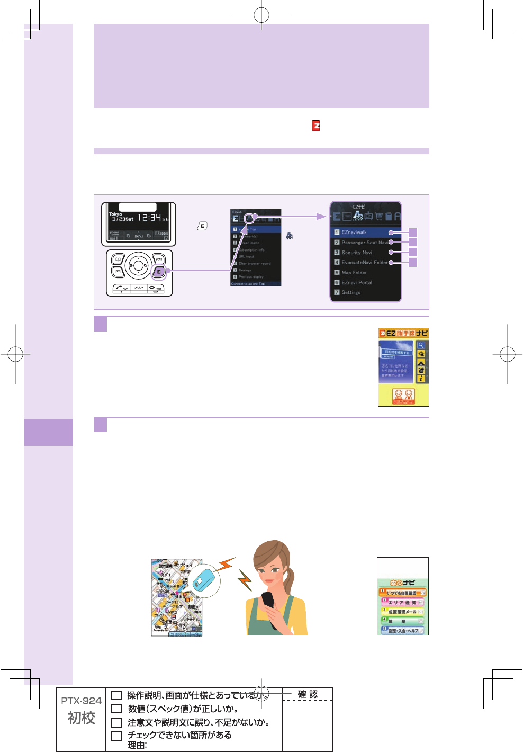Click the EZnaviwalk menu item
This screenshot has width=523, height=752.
(x=354, y=232)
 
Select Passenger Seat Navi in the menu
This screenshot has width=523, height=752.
(x=364, y=243)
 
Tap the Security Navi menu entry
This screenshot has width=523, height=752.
(x=356, y=253)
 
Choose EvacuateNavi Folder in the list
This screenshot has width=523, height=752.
(x=364, y=262)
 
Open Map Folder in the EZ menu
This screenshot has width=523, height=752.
(x=354, y=273)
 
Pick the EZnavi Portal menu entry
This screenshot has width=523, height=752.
(x=356, y=283)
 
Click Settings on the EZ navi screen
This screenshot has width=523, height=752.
(x=350, y=292)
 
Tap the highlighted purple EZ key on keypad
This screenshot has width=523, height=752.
(x=158, y=272)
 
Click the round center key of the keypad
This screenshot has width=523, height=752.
(x=138, y=265)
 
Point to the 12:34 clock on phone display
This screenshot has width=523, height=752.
(x=150, y=217)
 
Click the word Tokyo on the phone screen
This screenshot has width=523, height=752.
(x=115, y=214)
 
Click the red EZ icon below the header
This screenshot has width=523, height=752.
(x=316, y=126)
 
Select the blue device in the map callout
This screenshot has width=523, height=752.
(x=205, y=579)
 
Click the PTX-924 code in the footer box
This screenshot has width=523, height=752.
(x=81, y=701)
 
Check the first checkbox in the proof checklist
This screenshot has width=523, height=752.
(x=117, y=695)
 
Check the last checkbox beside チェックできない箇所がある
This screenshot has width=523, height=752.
(x=117, y=736)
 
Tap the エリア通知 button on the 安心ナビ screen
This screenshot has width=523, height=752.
(x=402, y=603)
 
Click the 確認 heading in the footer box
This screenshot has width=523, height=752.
(x=307, y=694)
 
